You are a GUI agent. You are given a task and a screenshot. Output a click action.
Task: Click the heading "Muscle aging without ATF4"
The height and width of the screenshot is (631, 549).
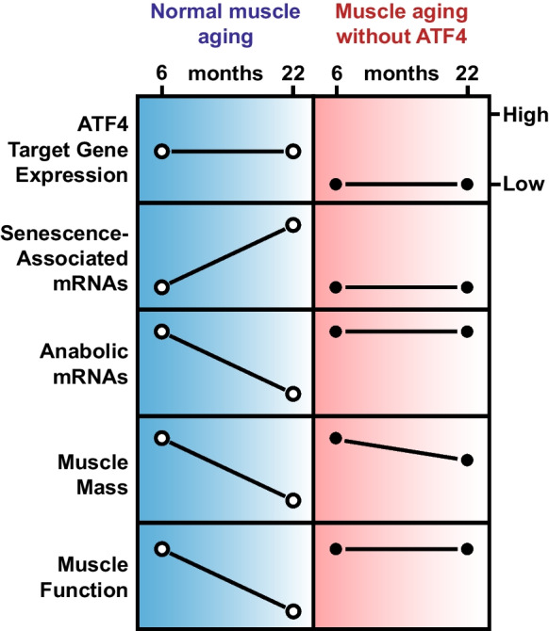point(401,27)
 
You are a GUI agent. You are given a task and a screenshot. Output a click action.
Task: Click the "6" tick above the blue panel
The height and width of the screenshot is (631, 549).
point(162,74)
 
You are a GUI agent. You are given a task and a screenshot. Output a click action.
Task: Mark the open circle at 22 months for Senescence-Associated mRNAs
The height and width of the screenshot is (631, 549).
point(292,225)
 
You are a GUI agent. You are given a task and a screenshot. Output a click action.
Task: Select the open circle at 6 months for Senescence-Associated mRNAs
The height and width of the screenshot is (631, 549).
point(162,287)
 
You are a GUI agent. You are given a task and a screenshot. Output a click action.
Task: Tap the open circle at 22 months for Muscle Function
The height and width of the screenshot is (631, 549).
point(292,610)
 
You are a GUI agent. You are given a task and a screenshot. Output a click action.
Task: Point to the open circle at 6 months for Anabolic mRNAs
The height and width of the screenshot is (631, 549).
point(162,332)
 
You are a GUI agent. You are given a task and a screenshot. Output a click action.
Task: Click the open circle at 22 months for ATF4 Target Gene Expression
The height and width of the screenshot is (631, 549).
point(292,151)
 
